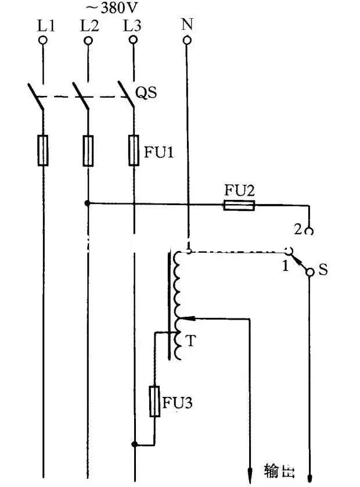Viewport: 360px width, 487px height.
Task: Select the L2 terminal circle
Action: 88,41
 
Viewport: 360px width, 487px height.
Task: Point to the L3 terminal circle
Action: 134,41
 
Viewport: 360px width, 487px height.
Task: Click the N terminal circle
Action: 187,41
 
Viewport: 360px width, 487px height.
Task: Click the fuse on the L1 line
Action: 43,151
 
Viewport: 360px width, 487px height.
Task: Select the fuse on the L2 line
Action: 88,151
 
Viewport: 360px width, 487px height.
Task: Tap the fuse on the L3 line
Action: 134,151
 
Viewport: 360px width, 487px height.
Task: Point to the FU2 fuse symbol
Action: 239,204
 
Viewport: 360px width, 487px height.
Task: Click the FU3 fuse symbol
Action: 155,401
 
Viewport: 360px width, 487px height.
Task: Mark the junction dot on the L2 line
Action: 88,204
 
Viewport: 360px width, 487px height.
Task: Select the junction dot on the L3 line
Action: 134,445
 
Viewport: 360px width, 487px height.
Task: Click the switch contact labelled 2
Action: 309,231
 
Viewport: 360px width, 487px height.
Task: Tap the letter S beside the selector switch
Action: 323,271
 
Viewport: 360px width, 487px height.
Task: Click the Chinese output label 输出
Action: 277,470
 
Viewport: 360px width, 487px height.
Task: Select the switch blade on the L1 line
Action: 36,97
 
